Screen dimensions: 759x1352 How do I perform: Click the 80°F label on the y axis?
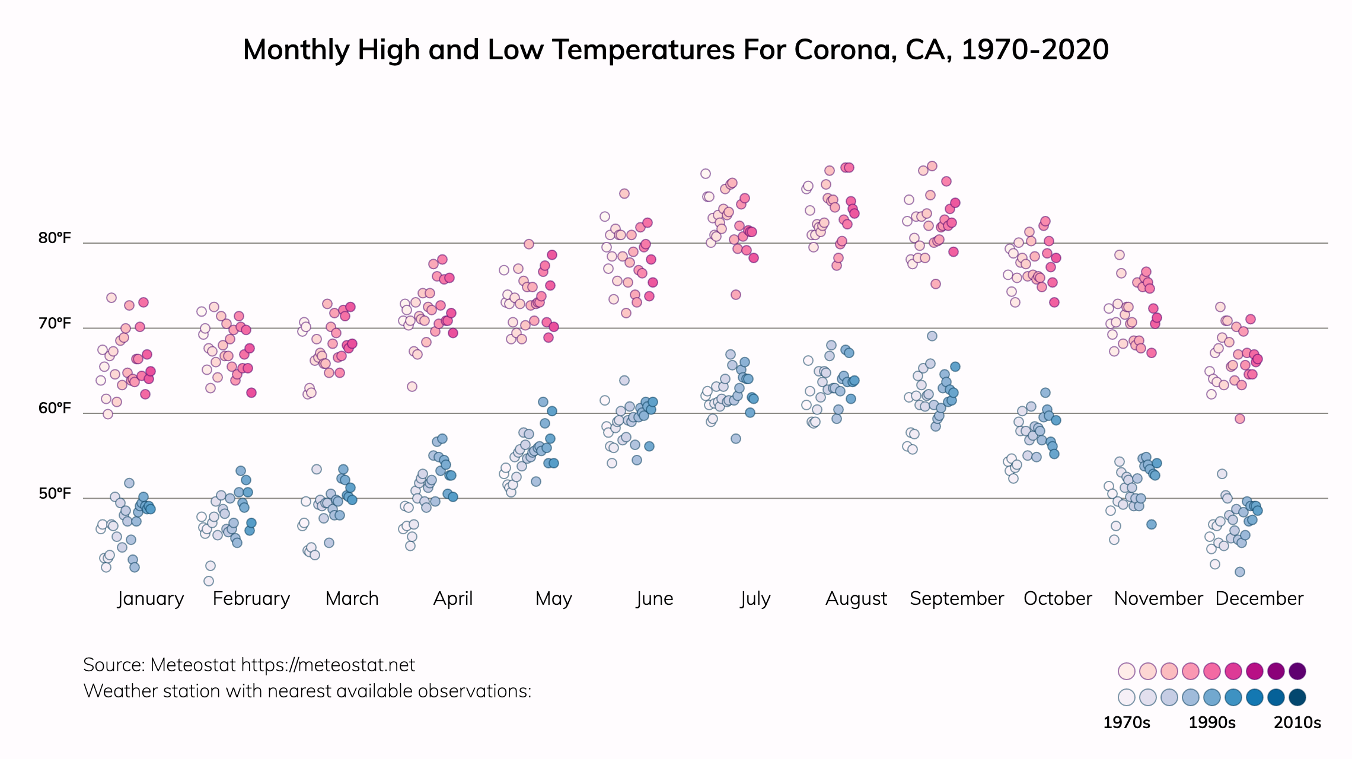tap(55, 238)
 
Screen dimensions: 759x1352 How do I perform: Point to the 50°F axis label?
tap(55, 494)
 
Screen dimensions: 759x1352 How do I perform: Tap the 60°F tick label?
tap(55, 409)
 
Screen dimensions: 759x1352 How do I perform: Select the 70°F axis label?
tap(55, 324)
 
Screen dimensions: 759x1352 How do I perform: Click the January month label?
tap(151, 598)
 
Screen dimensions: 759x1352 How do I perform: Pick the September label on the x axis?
tap(956, 598)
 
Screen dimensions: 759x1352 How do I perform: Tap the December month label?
tap(1259, 598)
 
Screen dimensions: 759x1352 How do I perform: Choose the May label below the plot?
tap(553, 598)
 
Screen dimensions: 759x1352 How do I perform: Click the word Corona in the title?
tap(845, 50)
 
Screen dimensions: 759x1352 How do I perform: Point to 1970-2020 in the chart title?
tap(1035, 50)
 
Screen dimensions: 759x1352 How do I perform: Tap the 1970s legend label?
tap(1126, 723)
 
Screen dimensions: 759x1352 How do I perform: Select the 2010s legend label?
tap(1297, 723)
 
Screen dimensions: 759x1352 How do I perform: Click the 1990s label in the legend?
tap(1212, 723)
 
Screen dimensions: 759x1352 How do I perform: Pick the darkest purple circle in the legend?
tap(1297, 671)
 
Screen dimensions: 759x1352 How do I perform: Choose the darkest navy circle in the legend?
tap(1297, 697)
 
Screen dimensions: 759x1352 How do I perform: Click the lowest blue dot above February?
tap(209, 581)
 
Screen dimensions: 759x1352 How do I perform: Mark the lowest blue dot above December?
tap(1240, 572)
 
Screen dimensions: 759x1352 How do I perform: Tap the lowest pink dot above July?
tap(736, 295)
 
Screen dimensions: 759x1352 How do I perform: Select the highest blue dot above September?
tap(932, 336)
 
